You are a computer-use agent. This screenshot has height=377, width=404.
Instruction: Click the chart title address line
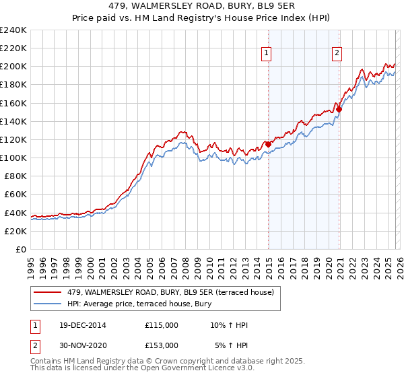[202, 6]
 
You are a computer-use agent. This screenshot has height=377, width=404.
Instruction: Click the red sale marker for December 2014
[268, 144]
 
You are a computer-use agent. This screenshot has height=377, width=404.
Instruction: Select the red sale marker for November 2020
[339, 109]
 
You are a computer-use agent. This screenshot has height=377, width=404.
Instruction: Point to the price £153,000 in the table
[162, 345]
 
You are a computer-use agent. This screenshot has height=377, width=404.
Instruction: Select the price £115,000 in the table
[162, 325]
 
